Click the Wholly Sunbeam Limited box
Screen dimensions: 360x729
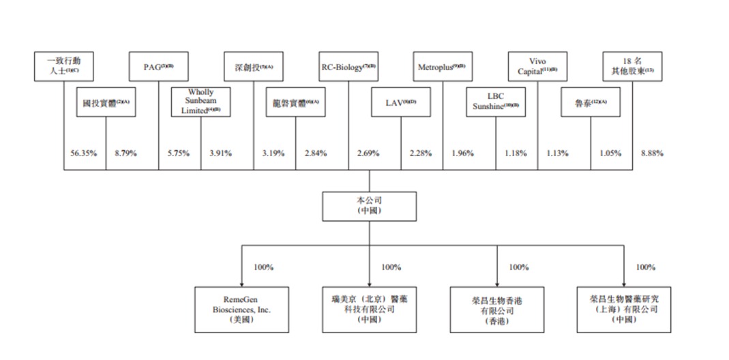pos(201,102)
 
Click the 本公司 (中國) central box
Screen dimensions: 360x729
pos(369,206)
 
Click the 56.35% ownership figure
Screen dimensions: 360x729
pos(83,153)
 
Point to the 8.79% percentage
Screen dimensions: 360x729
pos(126,153)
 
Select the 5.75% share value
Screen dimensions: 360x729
pos(180,153)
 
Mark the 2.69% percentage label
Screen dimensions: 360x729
pos(370,153)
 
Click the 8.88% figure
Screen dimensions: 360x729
pos(653,153)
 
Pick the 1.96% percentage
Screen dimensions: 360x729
pos(464,153)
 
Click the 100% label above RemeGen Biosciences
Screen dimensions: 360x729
pos(263,267)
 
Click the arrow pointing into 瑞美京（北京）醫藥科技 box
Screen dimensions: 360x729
pos(369,282)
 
